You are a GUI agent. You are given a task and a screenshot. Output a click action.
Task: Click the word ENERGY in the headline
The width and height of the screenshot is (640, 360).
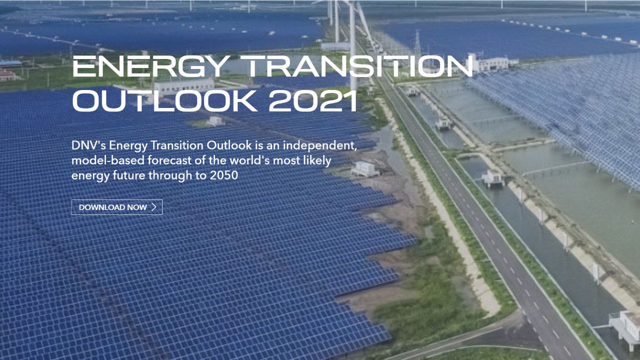tap(151, 66)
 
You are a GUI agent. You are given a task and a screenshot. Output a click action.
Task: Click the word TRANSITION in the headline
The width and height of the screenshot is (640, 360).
tap(356, 66)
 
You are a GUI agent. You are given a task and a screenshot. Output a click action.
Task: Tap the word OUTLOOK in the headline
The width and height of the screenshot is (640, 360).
tap(165, 101)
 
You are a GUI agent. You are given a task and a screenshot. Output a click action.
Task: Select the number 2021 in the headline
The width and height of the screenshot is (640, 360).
tap(313, 101)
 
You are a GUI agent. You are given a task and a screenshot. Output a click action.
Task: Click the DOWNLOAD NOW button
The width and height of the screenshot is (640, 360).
tap(116, 207)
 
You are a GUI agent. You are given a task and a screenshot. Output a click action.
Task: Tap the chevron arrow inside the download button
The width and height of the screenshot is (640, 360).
tap(154, 207)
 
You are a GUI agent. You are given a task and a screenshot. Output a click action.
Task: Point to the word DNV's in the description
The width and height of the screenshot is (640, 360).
tap(88, 145)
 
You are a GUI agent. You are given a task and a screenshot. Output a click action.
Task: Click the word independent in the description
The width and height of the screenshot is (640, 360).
tap(320, 145)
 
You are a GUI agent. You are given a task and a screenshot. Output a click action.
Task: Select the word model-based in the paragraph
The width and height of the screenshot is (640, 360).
tap(107, 160)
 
